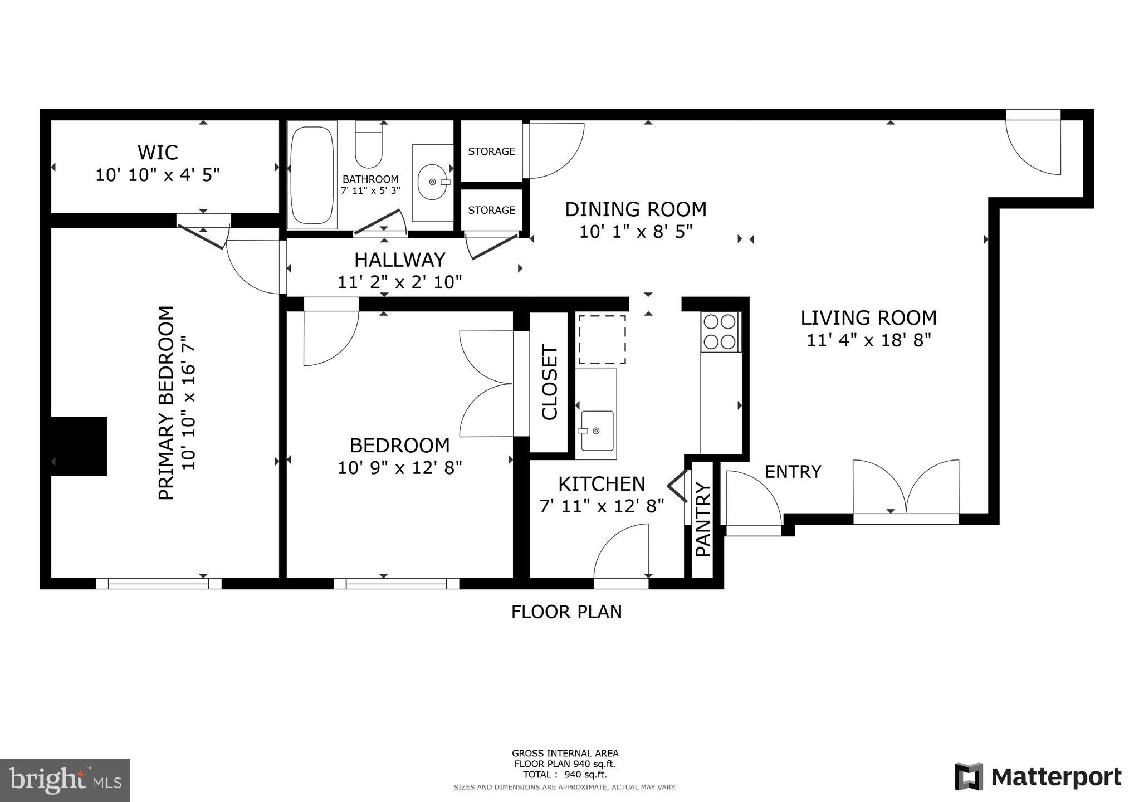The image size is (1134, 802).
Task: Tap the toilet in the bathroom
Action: [x=368, y=144]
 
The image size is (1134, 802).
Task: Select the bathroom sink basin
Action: [x=433, y=182]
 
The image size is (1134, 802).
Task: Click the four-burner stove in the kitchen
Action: [x=720, y=332]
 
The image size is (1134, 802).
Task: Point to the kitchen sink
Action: [x=597, y=431]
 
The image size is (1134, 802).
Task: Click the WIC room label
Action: [x=158, y=152]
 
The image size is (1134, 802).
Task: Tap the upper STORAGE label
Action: [x=491, y=151]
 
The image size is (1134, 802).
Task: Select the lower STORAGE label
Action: [x=491, y=210]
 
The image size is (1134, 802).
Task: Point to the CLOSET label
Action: [x=550, y=382]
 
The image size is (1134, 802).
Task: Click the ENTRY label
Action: [x=793, y=472]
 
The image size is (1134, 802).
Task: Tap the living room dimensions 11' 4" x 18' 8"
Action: [x=869, y=340]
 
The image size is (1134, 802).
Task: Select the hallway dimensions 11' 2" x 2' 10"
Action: [x=400, y=282]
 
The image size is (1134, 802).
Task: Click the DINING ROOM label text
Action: [x=636, y=209]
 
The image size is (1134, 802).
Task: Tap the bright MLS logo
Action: [x=66, y=779]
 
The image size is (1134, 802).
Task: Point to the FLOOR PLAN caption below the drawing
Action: [x=566, y=612]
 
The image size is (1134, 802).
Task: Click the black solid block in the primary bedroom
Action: [x=79, y=446]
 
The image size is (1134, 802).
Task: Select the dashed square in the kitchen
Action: [x=602, y=339]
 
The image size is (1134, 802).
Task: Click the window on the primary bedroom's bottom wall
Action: [x=159, y=583]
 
